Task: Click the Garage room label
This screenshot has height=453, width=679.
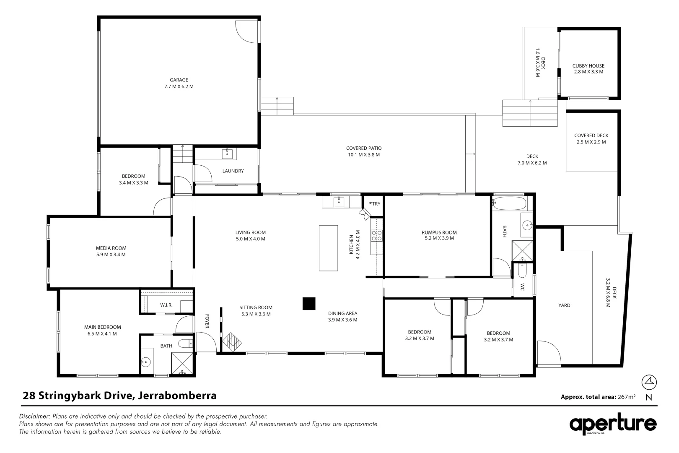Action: point(179,80)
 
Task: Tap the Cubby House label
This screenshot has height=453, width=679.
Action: point(588,66)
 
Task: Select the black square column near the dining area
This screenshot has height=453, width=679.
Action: point(309,304)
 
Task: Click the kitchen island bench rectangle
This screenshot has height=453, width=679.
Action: point(328,248)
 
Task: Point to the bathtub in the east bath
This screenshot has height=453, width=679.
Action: point(509,204)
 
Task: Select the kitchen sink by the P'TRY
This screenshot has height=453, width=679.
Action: point(339,203)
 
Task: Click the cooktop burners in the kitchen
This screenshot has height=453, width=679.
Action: point(376,236)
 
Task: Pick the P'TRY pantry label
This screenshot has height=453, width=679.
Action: point(374,204)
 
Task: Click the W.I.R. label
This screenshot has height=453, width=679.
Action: point(166,305)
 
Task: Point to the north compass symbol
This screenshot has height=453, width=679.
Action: point(649,382)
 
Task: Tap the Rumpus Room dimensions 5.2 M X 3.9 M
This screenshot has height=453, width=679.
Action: point(439,238)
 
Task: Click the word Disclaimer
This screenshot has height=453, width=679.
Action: point(35,417)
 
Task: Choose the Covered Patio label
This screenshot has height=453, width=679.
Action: point(363,148)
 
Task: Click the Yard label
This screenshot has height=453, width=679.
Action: point(564,305)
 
